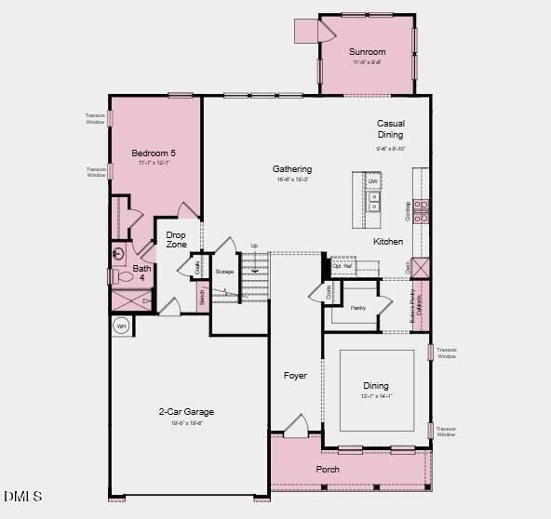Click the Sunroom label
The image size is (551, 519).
tap(368, 52)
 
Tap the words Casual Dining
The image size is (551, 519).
tap(390, 129)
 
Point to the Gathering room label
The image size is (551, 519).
tap(292, 169)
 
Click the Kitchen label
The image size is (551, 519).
tap(388, 242)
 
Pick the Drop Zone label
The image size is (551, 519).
tap(177, 240)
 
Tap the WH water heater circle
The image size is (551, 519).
tap(121, 326)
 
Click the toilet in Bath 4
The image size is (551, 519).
tap(122, 276)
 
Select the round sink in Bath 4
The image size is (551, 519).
tap(119, 253)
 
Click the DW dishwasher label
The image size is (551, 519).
tap(372, 182)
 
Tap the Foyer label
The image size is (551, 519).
tap(295, 376)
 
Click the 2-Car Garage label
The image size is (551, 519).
tap(186, 412)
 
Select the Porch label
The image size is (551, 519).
tap(328, 470)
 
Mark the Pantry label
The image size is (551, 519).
tap(358, 307)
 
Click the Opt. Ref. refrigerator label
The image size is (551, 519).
tap(343, 265)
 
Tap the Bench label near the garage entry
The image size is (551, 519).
tap(201, 297)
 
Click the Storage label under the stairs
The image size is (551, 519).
tap(224, 272)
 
